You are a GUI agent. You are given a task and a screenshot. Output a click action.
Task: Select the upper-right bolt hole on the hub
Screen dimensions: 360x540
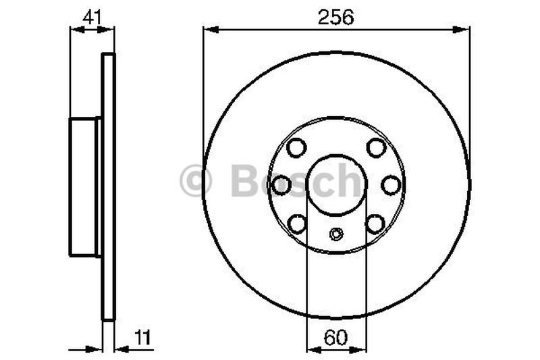376,147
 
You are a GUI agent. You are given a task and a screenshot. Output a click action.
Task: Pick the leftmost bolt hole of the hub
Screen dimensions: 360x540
282,184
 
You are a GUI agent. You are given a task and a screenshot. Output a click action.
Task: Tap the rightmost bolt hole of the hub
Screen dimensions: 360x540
391,184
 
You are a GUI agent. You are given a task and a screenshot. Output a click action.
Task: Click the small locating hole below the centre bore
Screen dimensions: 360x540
336,234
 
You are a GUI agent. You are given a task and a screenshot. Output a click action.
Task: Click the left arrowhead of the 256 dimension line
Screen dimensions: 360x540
209,29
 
